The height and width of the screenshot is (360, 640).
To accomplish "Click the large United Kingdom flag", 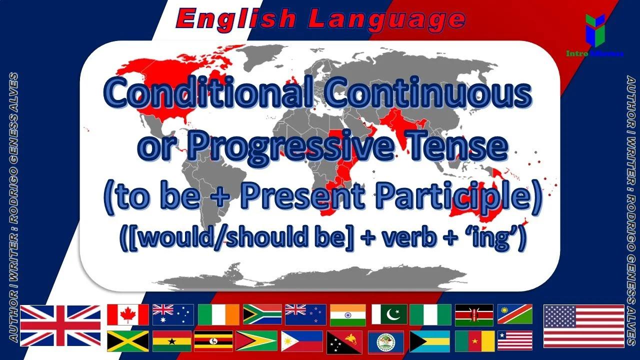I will tap(60, 325).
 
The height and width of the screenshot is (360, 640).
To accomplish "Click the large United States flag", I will tap(584, 325).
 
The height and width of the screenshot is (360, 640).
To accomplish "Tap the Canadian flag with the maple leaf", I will tap(128, 314).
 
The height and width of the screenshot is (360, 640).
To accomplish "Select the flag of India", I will tap(347, 314).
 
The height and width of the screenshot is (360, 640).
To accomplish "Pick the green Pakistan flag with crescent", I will tap(389, 314).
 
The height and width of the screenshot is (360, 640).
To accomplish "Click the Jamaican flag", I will tap(128, 341).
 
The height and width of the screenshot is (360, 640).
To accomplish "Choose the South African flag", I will tap(262, 314).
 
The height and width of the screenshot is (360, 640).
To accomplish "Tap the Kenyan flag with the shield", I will tap(474, 314).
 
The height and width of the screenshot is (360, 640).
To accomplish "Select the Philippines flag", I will tap(302, 341).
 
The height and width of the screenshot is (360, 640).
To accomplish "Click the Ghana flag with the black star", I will tap(171, 341).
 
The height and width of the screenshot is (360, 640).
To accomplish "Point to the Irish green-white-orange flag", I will tap(218, 314).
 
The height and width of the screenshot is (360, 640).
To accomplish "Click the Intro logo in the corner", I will tap(594, 35).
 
